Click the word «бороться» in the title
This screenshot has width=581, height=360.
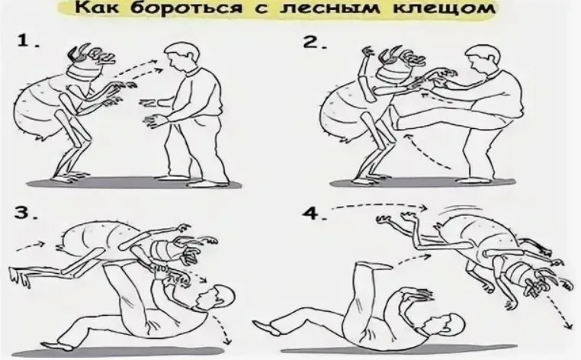click(185, 8)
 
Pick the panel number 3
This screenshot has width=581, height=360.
click(26, 213)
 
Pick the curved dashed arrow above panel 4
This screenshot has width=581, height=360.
click(379, 205)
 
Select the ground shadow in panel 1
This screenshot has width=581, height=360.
click(133, 183)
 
